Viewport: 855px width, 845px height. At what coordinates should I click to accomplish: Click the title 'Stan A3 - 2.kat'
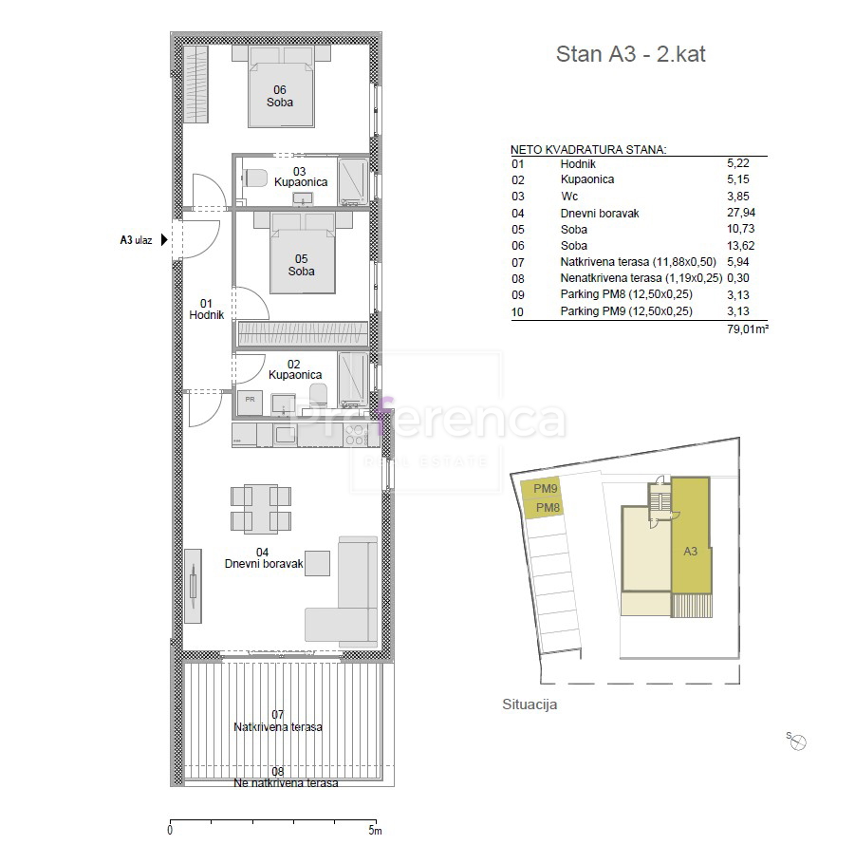[x=630, y=54]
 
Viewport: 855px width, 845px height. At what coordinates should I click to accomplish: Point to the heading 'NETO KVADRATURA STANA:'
[x=588, y=149]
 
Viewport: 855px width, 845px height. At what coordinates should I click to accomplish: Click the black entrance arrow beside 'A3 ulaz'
[x=164, y=240]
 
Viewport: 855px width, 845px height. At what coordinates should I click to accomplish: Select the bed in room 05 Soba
[x=303, y=254]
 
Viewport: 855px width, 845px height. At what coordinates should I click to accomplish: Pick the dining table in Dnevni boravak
[x=261, y=508]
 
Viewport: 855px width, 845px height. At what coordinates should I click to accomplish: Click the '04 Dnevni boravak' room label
[x=263, y=558]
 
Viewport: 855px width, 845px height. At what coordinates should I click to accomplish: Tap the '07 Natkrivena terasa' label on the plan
[x=278, y=721]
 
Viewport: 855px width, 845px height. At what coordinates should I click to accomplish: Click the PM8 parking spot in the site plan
[x=548, y=509]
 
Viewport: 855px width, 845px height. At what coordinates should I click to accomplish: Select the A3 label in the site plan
[x=690, y=551]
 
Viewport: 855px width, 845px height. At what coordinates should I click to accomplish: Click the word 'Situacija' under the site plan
[x=529, y=704]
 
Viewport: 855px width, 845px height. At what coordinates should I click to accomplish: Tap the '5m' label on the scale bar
[x=377, y=831]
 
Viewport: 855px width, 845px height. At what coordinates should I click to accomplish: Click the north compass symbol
[x=798, y=742]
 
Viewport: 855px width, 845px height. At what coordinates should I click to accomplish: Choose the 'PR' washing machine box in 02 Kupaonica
[x=250, y=400]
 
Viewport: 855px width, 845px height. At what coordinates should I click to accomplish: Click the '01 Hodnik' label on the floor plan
[x=206, y=310]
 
